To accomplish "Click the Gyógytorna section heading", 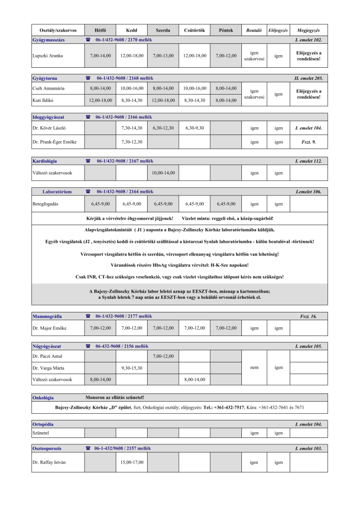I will (45, 78).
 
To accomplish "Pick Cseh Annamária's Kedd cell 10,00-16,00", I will (132, 88).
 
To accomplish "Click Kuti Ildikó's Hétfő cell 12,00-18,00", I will (100, 100).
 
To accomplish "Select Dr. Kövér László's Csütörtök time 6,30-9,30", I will (194, 128).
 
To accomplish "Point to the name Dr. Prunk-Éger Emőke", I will (54, 142).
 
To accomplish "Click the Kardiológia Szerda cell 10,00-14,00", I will (163, 173).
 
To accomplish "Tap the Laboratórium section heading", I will (57, 192).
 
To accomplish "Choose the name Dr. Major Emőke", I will (49, 328).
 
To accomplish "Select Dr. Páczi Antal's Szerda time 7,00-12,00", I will (163, 356).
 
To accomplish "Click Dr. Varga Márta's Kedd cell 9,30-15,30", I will (132, 367).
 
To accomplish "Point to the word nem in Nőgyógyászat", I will (254, 367).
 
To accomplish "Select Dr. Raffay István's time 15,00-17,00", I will (132, 463).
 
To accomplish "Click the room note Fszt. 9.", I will (308, 142).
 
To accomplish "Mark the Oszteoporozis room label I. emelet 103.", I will (308, 448).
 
